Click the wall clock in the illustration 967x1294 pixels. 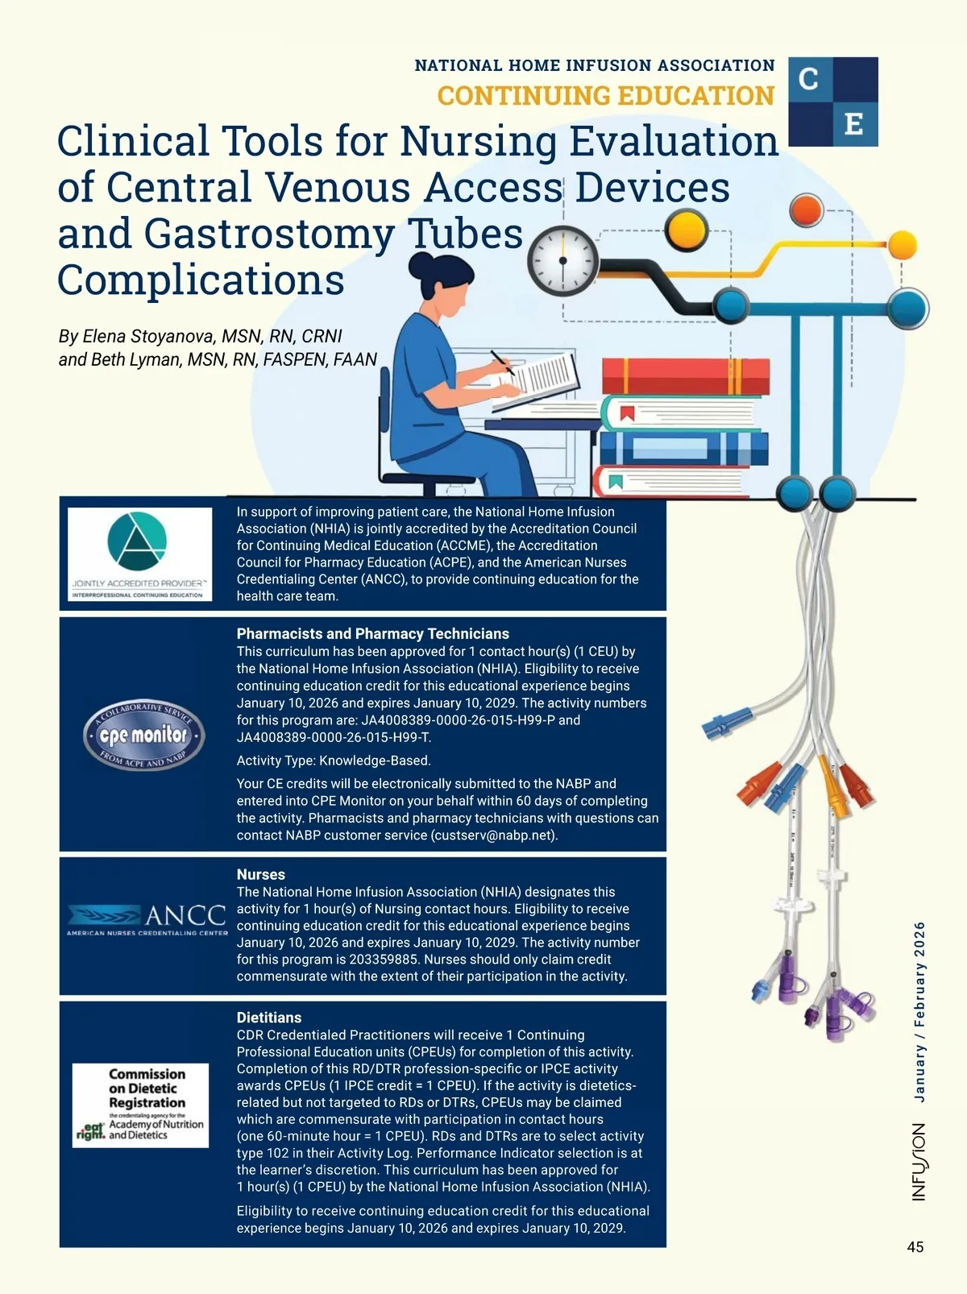[563, 260]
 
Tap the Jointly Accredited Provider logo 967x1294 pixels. [139, 554]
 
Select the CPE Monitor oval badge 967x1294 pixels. [144, 735]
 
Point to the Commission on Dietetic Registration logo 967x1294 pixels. [141, 1105]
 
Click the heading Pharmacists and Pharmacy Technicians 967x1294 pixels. [372, 634]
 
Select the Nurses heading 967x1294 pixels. [260, 874]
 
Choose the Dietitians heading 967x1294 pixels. [268, 1018]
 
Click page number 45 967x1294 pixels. [915, 1247]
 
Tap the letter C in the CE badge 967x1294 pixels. [809, 79]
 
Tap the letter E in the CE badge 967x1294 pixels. [854, 124]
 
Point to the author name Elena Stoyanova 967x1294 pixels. [148, 336]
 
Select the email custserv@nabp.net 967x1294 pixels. [493, 836]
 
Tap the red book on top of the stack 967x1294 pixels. [685, 376]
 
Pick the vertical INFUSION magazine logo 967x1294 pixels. [919, 1162]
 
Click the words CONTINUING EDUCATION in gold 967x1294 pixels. [605, 96]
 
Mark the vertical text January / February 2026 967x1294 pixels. [919, 1011]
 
